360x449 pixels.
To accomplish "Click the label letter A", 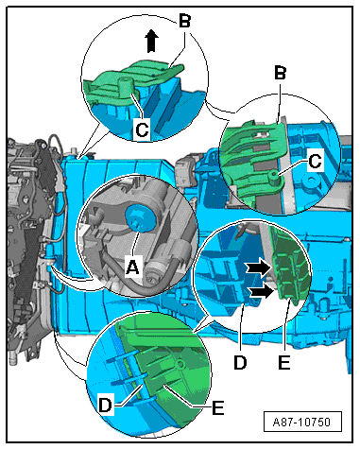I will [132, 267].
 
